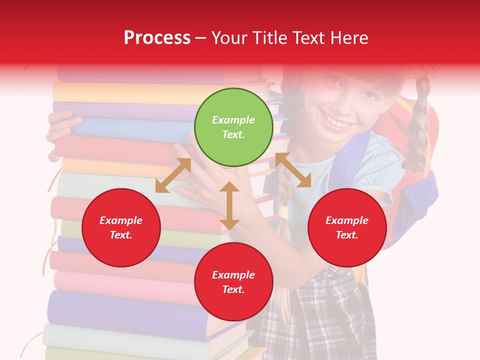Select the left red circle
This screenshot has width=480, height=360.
pyautogui.click(x=121, y=228)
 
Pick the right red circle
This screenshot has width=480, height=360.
pyautogui.click(x=347, y=228)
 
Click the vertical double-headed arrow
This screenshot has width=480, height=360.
pyautogui.click(x=229, y=205)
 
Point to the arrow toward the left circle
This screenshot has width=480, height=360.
pyautogui.click(x=173, y=175)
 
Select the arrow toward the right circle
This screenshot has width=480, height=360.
pyautogui.click(x=293, y=170)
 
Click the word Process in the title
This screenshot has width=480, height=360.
pyautogui.click(x=157, y=37)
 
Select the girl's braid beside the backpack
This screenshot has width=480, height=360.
pyautogui.click(x=416, y=130)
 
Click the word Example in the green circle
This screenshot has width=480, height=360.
pyautogui.click(x=233, y=120)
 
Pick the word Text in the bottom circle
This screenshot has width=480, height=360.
pyautogui.click(x=232, y=289)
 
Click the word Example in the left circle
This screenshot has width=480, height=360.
pyautogui.click(x=121, y=220)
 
